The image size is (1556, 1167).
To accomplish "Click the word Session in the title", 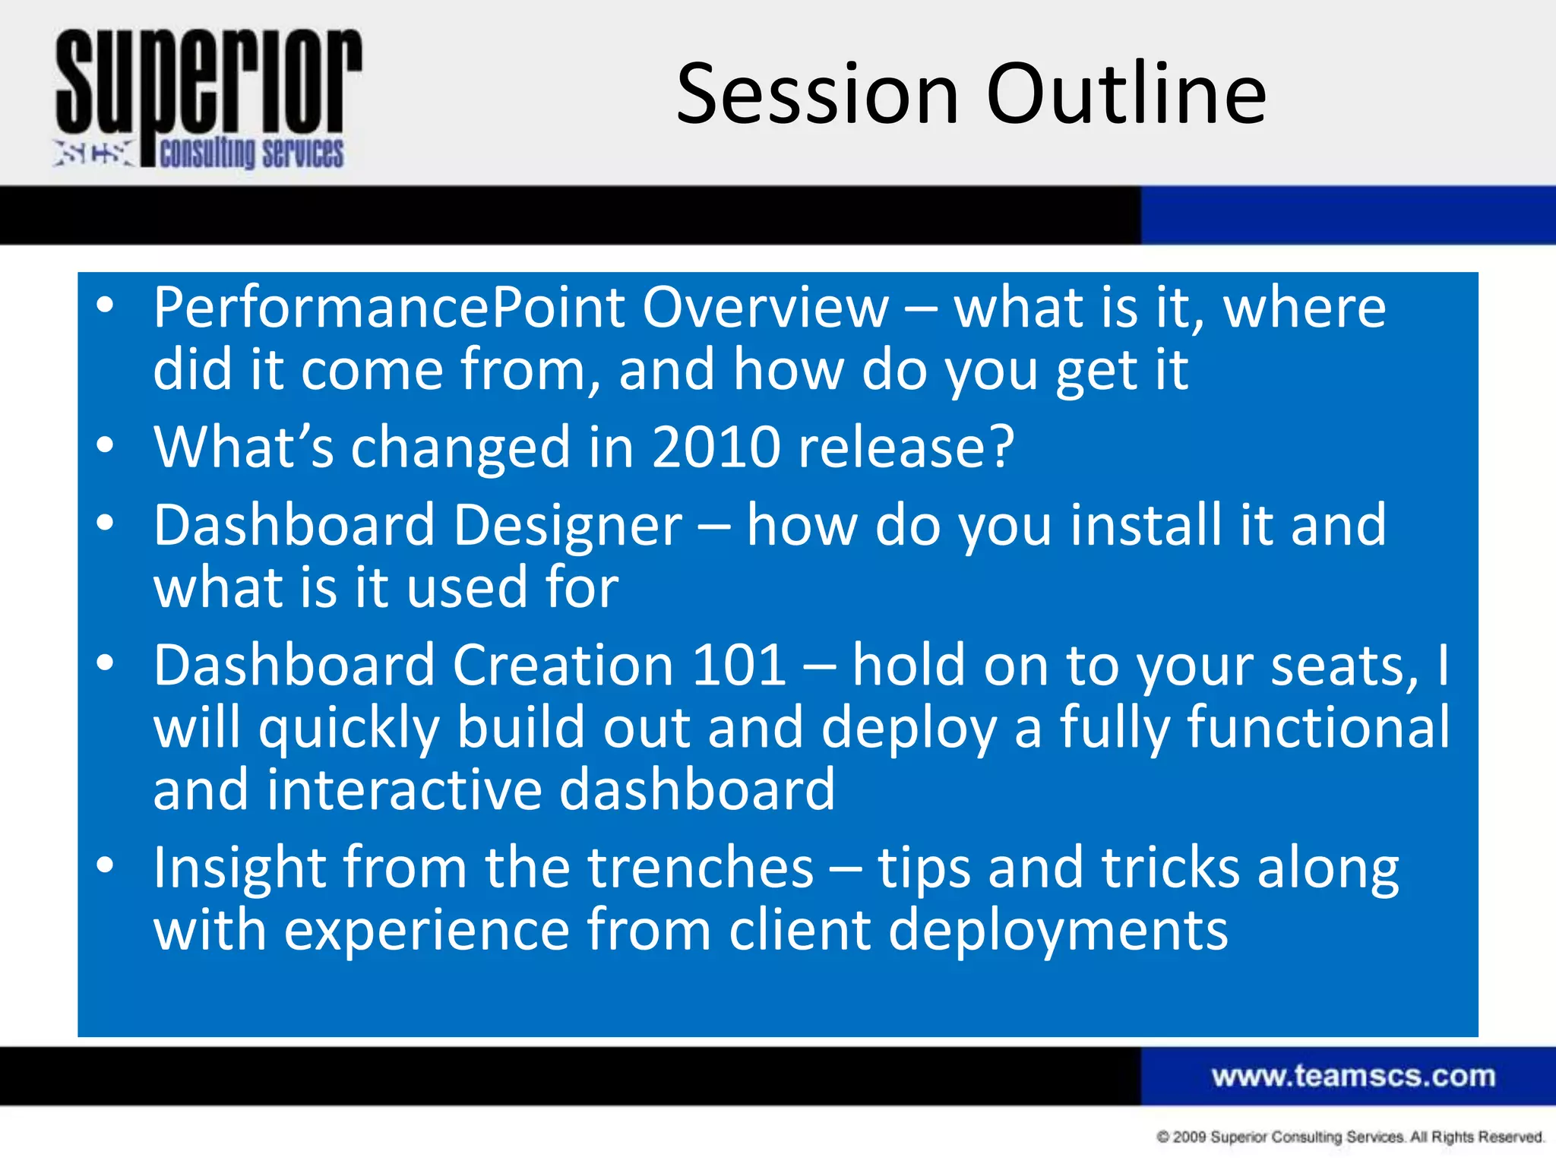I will pyautogui.click(x=817, y=95).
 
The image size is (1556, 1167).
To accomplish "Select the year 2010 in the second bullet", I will pyautogui.click(x=716, y=447).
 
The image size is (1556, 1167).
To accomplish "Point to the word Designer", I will pyautogui.click(x=569, y=526).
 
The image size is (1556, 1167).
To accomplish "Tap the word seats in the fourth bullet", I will pyautogui.click(x=1343, y=666).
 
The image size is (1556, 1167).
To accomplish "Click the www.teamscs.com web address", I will pyautogui.click(x=1353, y=1077).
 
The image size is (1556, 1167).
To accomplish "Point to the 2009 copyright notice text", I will pyautogui.click(x=1350, y=1137).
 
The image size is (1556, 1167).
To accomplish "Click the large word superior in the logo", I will pyautogui.click(x=207, y=82).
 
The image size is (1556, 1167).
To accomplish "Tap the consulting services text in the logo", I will pyautogui.click(x=251, y=153).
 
